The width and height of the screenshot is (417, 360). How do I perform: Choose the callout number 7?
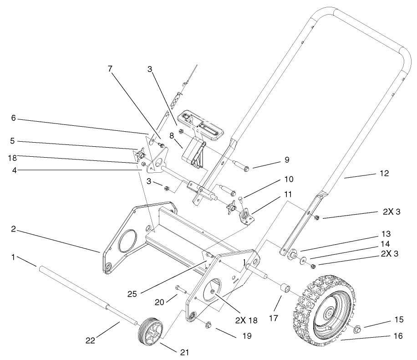pos(110,69)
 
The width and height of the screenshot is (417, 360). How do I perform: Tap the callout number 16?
pos(398,336)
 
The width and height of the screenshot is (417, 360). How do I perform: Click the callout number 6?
pos(14,118)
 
